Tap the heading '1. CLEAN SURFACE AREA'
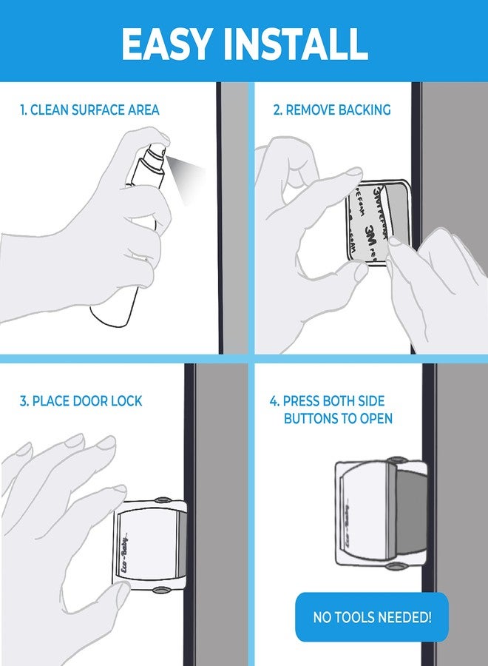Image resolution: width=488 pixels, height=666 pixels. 89,110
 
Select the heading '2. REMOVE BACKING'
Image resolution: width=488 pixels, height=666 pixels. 332,110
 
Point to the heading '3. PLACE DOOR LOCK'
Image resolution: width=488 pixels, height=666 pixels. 81,401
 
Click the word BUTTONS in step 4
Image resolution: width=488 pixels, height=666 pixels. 313,419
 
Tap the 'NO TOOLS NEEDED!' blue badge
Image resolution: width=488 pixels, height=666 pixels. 372,616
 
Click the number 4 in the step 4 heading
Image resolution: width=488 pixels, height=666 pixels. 273,401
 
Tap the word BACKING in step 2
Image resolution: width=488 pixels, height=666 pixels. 364,110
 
